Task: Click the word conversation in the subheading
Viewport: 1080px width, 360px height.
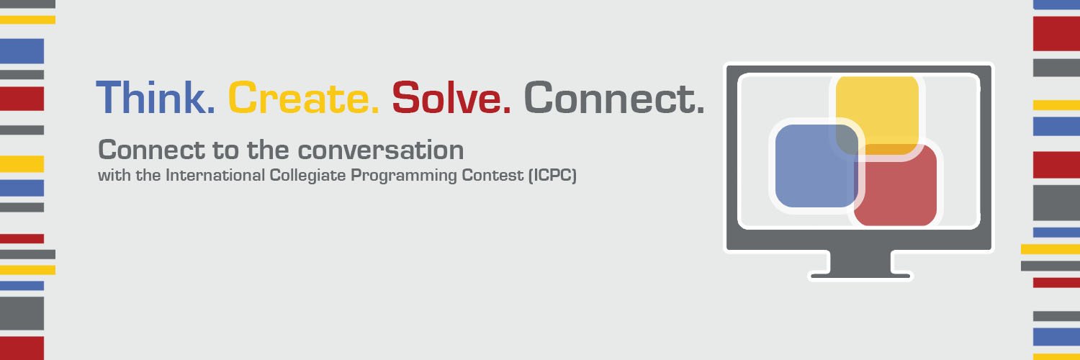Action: (381, 150)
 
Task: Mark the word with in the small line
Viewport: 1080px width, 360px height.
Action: (109, 176)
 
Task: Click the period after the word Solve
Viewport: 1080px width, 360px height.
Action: (507, 110)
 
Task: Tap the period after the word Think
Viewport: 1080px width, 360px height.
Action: (210, 110)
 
